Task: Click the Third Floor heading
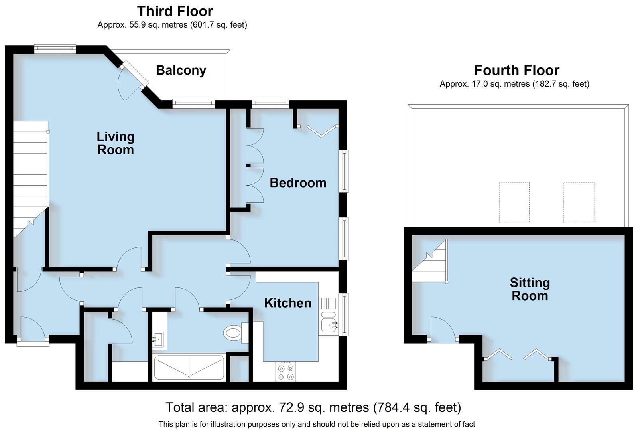coord(175,11)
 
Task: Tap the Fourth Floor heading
coord(516,70)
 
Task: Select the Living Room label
coord(116,143)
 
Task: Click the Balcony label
coord(181,70)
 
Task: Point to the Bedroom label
coord(298,183)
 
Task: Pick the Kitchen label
coord(287,303)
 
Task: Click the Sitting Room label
coord(530,289)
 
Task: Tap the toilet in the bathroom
coord(234,332)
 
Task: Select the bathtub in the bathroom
coord(189,367)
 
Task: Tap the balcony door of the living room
coord(134,78)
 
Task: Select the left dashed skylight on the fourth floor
coord(514,202)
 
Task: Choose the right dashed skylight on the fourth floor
coord(579,202)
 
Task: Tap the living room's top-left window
coord(55,49)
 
